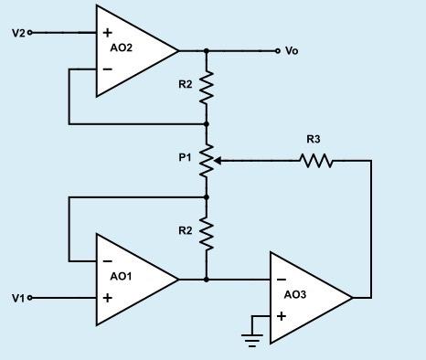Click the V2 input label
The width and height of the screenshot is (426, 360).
click(18, 32)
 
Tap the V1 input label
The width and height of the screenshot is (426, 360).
click(18, 298)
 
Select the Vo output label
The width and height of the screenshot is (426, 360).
click(292, 51)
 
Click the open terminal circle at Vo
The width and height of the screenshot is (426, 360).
click(277, 51)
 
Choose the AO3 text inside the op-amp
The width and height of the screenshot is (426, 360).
click(295, 294)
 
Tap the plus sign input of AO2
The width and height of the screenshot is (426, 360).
click(108, 33)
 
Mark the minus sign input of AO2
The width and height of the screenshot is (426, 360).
click(108, 69)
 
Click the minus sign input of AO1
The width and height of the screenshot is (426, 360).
click(108, 260)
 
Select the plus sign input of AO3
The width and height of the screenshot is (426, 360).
click(281, 316)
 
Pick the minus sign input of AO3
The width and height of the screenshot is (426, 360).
click(281, 280)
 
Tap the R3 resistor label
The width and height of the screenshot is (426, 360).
click(314, 140)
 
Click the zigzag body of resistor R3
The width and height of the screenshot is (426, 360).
click(316, 161)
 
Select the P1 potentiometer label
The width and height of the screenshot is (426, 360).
click(185, 157)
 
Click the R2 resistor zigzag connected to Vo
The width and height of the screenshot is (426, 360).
click(207, 88)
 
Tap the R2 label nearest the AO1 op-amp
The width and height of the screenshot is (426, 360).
click(186, 231)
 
